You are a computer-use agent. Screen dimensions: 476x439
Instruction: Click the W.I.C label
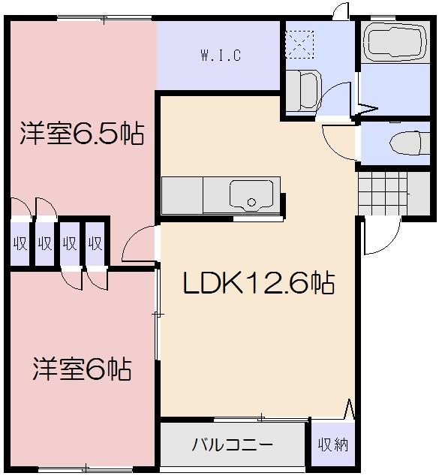tap(220, 56)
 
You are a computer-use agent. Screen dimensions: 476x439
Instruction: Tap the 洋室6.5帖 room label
tap(82, 134)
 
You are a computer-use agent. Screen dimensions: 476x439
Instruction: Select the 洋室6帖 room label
tap(82, 369)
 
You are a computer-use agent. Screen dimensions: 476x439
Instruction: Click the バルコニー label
tap(232, 444)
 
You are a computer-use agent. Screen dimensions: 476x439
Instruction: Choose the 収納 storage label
tap(332, 444)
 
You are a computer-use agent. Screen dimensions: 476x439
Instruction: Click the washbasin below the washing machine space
tap(301, 89)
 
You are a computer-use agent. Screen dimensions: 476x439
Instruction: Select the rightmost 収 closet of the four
tap(95, 243)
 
